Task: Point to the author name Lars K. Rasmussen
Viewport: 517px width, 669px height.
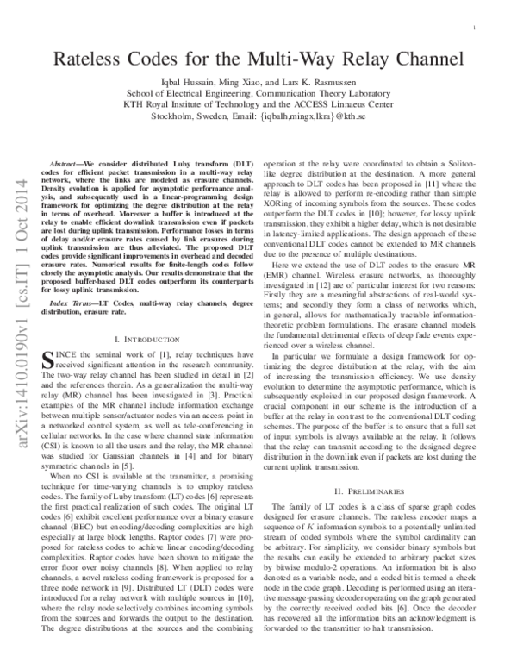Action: (321, 81)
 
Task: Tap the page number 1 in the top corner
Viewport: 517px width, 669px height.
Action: (475, 28)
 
